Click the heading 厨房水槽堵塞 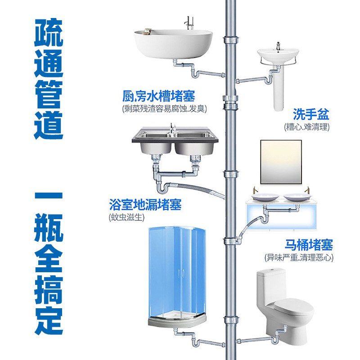point(159,96)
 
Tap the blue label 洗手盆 point(311,114)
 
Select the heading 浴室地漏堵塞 point(145,205)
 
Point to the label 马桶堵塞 point(309,245)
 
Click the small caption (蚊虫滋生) point(127,217)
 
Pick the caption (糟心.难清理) point(307,127)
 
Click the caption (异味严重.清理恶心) point(299,257)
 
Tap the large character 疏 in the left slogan point(49,32)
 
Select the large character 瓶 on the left point(49,228)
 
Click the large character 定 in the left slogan point(49,320)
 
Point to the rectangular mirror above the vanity point(281,162)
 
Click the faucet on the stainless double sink point(172,128)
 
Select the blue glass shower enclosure point(177,273)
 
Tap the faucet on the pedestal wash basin point(278,46)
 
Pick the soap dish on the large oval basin point(147,31)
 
